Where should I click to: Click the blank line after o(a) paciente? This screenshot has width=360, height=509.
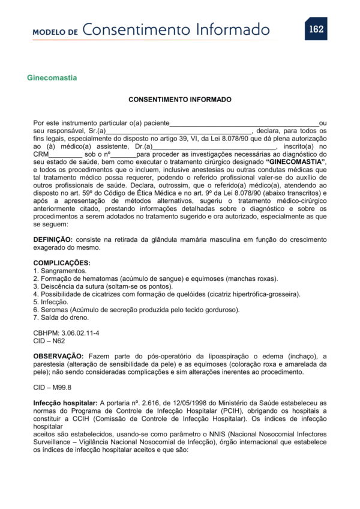click(x=244, y=122)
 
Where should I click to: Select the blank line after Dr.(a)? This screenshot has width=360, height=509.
click(x=214, y=146)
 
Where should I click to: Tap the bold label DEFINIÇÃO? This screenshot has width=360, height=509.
click(x=53, y=239)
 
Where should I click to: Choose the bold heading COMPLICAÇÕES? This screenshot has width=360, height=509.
click(x=62, y=263)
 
